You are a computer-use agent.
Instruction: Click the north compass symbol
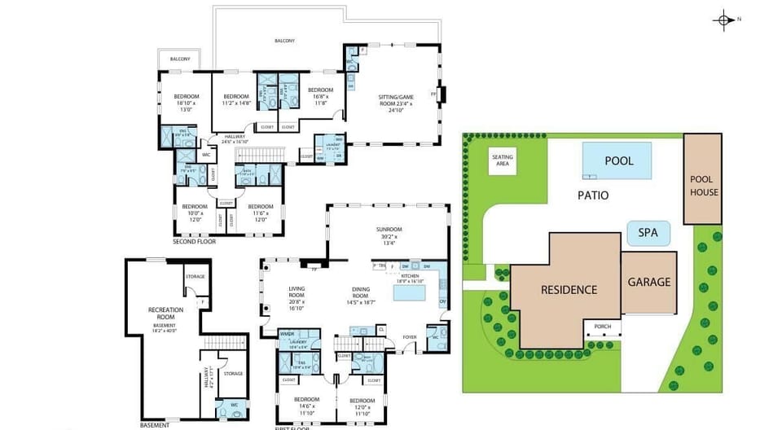pyautogui.click(x=723, y=20)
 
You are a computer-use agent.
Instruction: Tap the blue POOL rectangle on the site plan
pyautogui.click(x=618, y=160)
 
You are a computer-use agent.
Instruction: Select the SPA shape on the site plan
pyautogui.click(x=648, y=233)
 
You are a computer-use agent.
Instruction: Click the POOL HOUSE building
pyautogui.click(x=703, y=180)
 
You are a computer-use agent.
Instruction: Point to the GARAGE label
pyautogui.click(x=649, y=283)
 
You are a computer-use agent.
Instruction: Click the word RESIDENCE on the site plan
pyautogui.click(x=569, y=290)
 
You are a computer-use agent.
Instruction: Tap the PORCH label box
pyautogui.click(x=603, y=327)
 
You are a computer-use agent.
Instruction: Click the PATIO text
pyautogui.click(x=593, y=195)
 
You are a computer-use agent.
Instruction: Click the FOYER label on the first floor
pyautogui.click(x=410, y=335)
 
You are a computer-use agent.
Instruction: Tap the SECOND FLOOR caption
pyautogui.click(x=194, y=242)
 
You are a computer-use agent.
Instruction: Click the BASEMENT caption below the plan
pyautogui.click(x=155, y=424)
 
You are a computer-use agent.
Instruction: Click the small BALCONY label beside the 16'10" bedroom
pyautogui.click(x=180, y=59)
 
